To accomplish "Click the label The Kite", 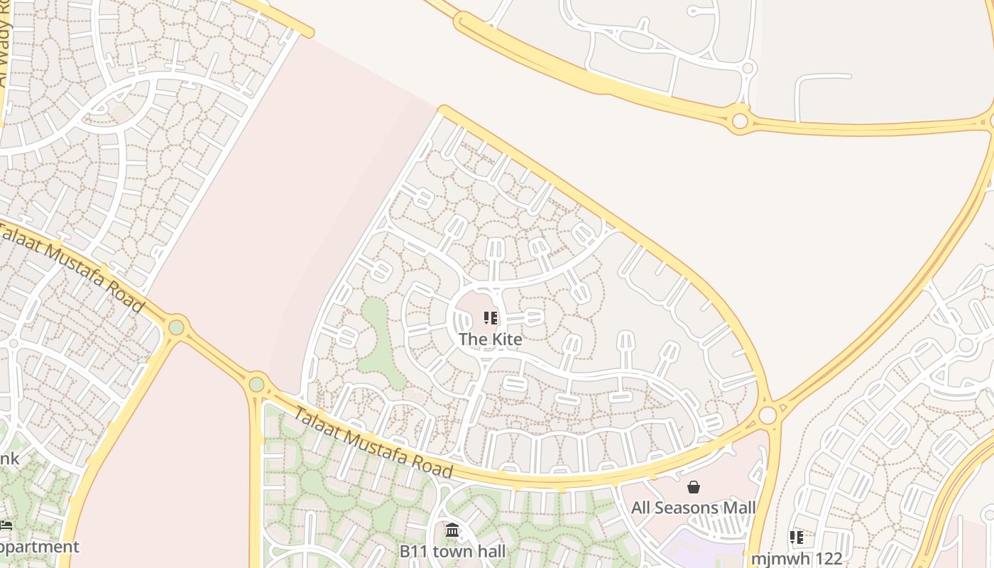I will tap(491, 339).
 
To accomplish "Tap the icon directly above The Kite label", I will tap(491, 318).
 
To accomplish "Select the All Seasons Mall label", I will tap(694, 508).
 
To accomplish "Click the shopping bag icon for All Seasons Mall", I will tap(694, 487).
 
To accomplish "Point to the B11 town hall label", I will tap(452, 552).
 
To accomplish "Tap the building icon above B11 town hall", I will tap(452, 530).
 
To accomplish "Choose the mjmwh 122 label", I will tap(797, 559).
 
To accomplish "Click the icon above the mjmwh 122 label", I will tap(797, 537).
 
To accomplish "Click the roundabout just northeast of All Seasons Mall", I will tap(768, 415).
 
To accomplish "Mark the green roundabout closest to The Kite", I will tap(256, 385).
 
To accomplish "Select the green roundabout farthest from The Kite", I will tap(176, 327).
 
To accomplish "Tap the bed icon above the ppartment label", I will tap(6, 525).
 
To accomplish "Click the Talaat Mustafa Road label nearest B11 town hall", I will tap(373, 442).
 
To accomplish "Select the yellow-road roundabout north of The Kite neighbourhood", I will tap(740, 121).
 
